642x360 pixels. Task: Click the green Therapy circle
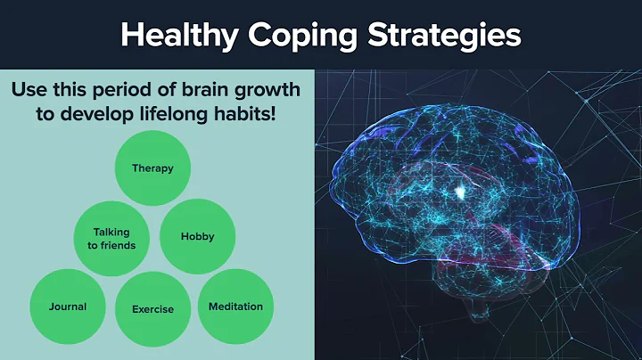pos(152,168)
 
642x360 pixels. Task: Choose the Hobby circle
pos(197,236)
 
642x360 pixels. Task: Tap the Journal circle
pos(68,307)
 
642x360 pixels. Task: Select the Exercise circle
pos(152,309)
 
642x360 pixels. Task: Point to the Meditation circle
pos(235,307)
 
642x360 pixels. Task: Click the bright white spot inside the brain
pos(460,191)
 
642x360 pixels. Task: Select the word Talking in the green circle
pos(111,233)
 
